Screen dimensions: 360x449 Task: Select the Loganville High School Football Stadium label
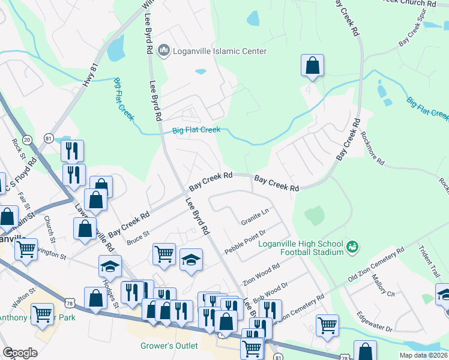[301, 248]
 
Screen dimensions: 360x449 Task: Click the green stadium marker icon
[353, 247]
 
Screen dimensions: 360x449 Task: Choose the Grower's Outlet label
[169, 346]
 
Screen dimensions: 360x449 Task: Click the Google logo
[20, 353]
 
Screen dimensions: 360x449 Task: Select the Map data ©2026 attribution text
[423, 355]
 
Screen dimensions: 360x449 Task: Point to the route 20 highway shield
[27, 139]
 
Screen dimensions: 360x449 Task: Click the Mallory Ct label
[383, 287]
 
